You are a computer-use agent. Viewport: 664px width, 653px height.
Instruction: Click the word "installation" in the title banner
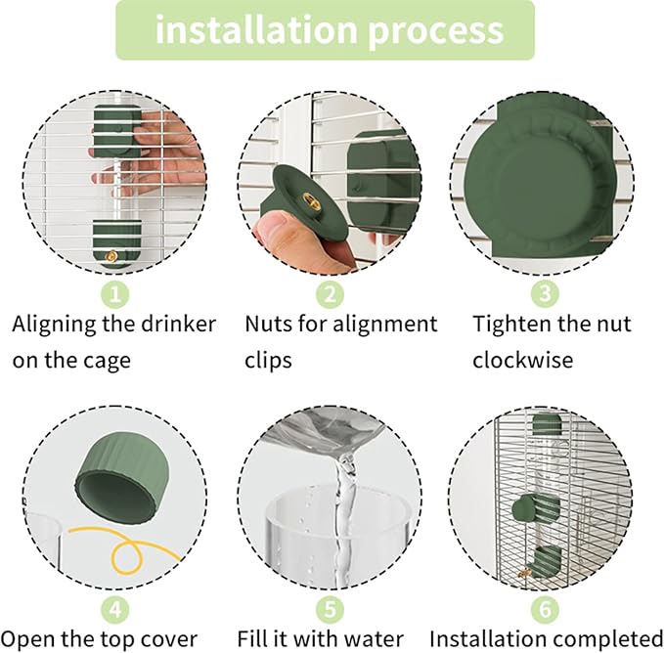point(256,30)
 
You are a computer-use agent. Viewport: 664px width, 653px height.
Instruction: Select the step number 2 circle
point(330,291)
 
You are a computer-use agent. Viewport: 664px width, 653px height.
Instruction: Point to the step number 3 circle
point(544,291)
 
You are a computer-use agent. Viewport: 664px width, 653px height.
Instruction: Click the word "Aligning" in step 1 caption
point(60,325)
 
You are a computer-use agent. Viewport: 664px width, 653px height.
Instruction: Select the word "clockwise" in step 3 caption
point(523,360)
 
